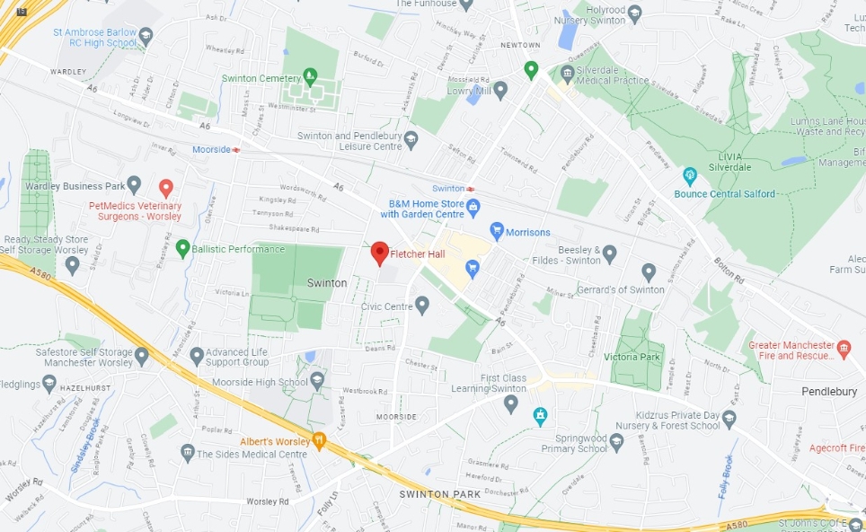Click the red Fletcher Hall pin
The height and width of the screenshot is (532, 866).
[x=379, y=253]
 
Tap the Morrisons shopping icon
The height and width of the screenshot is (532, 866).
[x=496, y=232]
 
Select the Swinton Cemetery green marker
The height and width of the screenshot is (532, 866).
[x=310, y=76]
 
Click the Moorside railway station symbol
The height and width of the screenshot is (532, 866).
[x=236, y=149]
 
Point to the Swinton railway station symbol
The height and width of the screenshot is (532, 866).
[x=470, y=189]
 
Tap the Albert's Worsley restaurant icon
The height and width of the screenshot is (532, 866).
[x=318, y=440]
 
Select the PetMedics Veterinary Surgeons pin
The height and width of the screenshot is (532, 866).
[x=165, y=187]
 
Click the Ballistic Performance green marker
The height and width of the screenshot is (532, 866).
[x=182, y=247]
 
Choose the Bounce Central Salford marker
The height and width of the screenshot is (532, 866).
[x=690, y=175]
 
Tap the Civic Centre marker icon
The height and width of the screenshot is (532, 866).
[x=422, y=306]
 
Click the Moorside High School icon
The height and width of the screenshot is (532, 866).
[x=316, y=382]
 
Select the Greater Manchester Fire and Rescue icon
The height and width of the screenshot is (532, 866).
[x=843, y=348]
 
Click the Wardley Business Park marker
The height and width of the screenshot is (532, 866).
[x=134, y=186]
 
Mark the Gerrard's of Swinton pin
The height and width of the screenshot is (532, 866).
[x=649, y=271]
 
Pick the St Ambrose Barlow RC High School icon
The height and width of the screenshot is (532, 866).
[x=146, y=36]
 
